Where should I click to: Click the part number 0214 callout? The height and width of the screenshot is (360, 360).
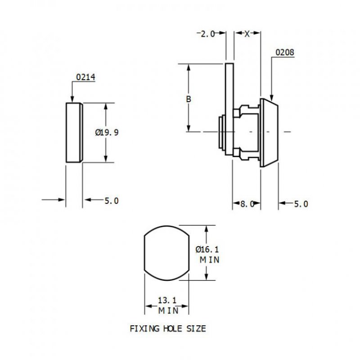85,77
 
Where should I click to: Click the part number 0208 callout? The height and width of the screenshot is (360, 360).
285,53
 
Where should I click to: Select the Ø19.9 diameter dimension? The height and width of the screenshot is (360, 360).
107,132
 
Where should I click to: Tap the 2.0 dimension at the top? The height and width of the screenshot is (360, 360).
207,34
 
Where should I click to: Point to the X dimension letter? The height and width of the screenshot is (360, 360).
247,34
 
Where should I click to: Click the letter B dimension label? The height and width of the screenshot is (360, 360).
189,99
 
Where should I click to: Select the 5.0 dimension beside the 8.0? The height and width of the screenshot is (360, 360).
301,204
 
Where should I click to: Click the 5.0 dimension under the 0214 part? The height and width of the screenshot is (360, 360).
111,201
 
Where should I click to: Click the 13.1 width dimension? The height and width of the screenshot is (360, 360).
166,301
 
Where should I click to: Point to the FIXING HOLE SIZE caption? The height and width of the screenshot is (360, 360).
168,329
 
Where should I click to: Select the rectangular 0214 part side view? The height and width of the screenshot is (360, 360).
74,132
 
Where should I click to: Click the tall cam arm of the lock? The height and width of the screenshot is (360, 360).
229,90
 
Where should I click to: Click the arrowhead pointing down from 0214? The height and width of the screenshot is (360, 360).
72,99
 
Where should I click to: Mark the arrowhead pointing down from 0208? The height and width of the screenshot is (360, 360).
271,96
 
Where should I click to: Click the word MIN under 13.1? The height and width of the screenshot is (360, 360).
167,310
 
